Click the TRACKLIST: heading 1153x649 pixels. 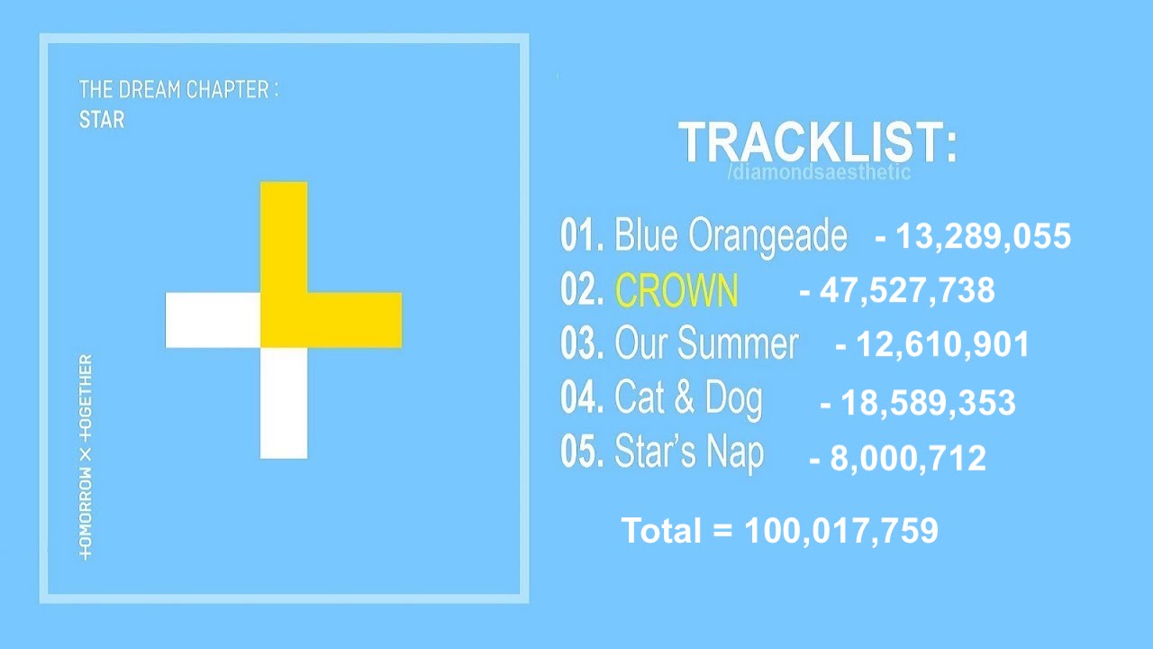[x=817, y=142]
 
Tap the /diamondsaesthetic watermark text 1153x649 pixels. [x=819, y=172]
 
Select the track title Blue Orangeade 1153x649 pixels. [x=731, y=236]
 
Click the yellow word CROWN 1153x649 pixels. [x=676, y=290]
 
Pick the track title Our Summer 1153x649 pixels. [x=706, y=343]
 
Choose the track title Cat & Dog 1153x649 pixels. [x=688, y=399]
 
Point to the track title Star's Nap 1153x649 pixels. [x=689, y=452]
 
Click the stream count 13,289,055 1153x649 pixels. [x=983, y=237]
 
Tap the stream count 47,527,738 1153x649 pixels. [x=907, y=290]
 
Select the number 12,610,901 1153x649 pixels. [x=942, y=344]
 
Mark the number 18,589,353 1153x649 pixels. [x=928, y=402]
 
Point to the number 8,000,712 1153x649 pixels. [x=908, y=459]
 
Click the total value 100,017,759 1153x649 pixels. [x=841, y=531]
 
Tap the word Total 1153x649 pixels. [x=661, y=530]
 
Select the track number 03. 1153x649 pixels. [x=581, y=343]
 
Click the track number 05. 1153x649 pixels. [x=581, y=452]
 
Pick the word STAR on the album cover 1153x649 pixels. [x=102, y=120]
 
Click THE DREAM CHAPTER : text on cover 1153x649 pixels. [x=178, y=89]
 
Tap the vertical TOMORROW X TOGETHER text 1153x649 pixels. [x=86, y=457]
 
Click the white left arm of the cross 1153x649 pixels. [x=213, y=320]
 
